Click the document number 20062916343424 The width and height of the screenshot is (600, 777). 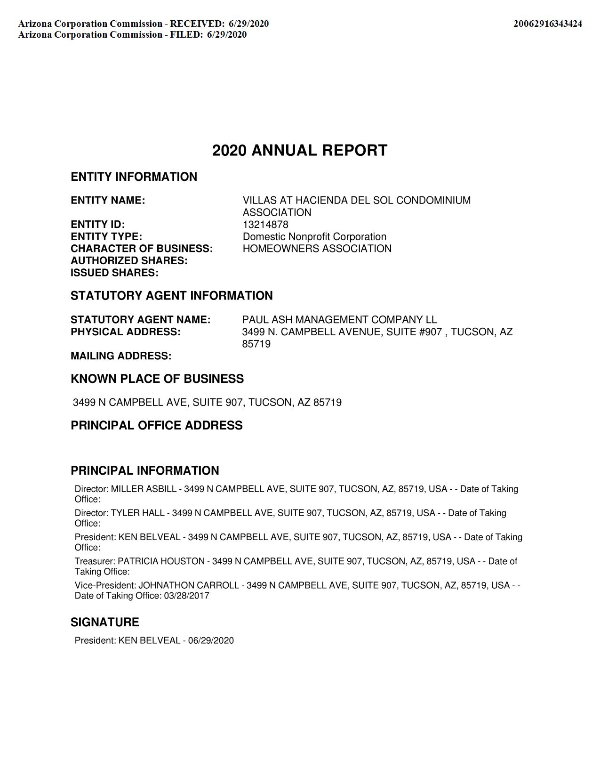coord(547,24)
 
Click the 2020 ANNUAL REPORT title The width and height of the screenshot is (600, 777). coord(300,151)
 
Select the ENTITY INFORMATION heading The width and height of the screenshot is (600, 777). coord(134,177)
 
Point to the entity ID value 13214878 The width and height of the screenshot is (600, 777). coord(265,225)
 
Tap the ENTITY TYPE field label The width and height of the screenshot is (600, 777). coord(106,237)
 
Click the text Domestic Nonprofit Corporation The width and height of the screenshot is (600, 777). coord(314,237)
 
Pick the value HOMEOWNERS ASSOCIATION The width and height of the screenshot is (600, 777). coord(317,249)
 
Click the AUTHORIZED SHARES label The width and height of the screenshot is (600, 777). coord(129,261)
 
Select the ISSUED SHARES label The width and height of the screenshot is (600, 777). coord(114,273)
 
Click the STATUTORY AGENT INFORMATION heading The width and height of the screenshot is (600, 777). coord(171,296)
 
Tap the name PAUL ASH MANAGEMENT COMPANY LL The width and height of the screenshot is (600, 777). coord(339,320)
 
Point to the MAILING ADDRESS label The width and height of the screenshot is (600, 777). coord(121,356)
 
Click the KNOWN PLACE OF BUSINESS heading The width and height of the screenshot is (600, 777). coord(157,379)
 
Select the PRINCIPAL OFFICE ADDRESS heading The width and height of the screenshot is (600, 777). coord(157,426)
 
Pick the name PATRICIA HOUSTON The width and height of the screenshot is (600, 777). coord(161,561)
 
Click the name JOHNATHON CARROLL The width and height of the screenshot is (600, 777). coord(188,585)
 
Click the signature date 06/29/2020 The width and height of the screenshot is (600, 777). coord(211,641)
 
